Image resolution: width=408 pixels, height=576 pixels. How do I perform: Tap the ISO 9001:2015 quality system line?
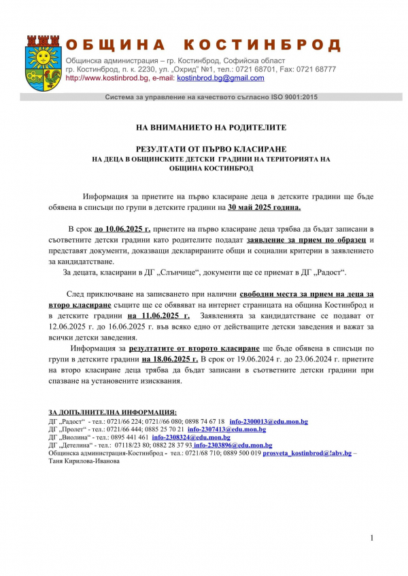click(x=211, y=97)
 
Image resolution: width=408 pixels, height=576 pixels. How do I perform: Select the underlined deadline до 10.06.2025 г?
click(x=122, y=230)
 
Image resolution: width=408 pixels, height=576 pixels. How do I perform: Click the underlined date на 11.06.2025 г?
click(x=158, y=316)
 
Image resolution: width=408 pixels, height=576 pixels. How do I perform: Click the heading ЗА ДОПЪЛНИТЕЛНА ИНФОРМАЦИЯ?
click(x=113, y=412)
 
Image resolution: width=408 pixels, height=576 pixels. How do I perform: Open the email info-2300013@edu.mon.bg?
click(x=269, y=421)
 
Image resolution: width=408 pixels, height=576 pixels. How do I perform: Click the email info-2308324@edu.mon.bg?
click(x=191, y=437)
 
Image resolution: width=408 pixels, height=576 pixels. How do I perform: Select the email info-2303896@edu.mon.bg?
click(x=233, y=445)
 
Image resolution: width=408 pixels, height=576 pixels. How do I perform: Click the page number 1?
click(x=373, y=538)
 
